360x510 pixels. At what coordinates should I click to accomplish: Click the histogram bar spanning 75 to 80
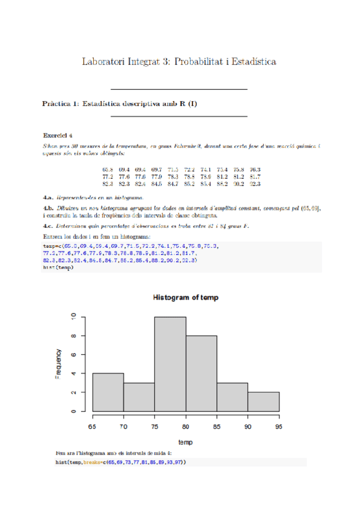coord(170,364)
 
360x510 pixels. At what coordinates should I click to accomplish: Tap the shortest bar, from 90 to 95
coord(263,402)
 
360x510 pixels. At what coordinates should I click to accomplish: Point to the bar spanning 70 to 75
coord(139,398)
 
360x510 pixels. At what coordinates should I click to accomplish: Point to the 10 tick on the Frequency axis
coord(73,316)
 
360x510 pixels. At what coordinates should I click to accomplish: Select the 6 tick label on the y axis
coord(73,354)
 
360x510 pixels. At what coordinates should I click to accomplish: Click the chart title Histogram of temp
coord(185,298)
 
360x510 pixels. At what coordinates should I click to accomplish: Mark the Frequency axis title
coord(58,363)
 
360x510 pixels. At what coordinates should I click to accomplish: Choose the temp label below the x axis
coord(185,441)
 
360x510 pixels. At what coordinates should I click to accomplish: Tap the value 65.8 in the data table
coord(109,170)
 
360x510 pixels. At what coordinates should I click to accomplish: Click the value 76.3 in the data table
coord(255,170)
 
